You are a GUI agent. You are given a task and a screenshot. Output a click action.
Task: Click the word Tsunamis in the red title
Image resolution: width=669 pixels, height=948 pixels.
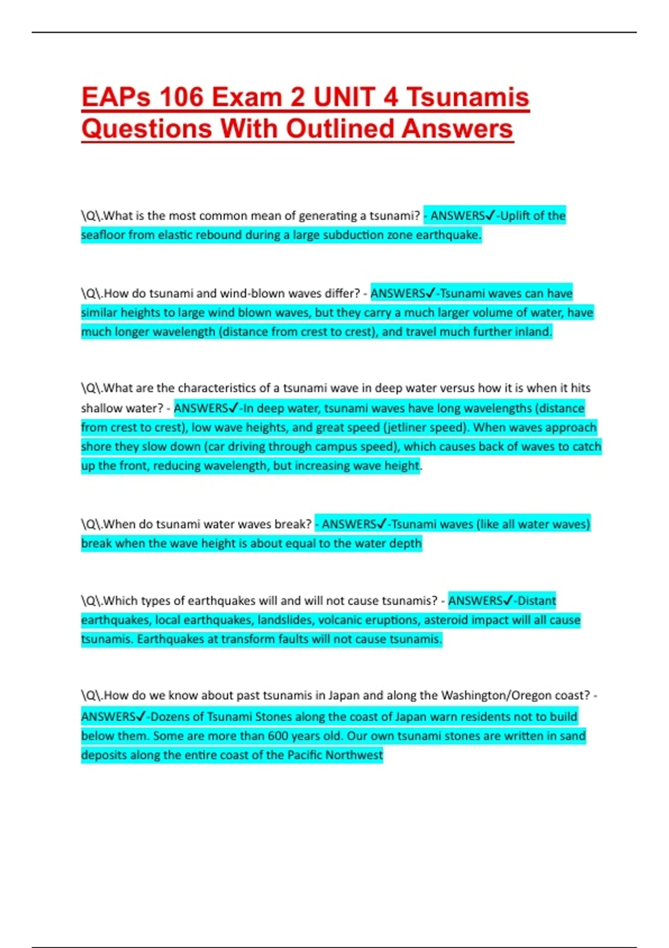point(467,97)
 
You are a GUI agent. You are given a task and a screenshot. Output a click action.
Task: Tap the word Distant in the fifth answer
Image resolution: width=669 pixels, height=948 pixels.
point(536,601)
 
